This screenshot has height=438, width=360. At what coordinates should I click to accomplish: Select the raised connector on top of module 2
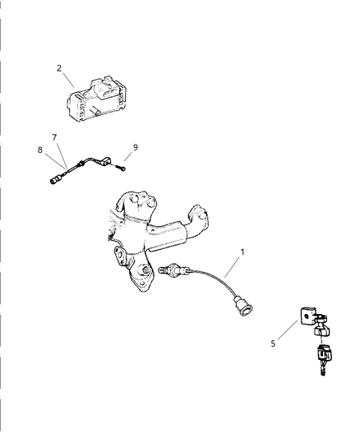(x=105, y=85)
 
